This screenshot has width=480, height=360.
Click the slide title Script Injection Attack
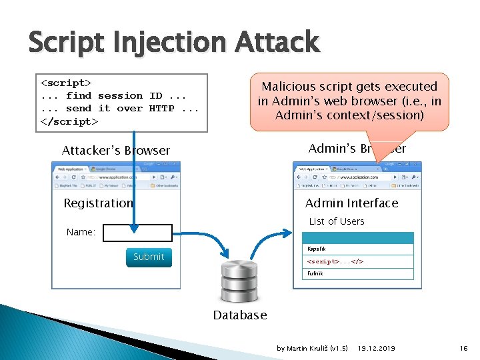174,43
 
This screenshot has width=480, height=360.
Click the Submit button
148,257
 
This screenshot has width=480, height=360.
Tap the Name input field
138,233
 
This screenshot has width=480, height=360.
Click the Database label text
239,315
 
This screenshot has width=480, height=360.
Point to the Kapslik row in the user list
358,249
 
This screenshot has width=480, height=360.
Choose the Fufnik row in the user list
358,273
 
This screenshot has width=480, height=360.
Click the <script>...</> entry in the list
358,261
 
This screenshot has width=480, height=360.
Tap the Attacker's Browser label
116,151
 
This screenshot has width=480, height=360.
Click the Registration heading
98,203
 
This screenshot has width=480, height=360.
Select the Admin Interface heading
351,203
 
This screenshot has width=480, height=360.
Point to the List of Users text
337,221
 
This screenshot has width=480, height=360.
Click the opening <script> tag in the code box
67,83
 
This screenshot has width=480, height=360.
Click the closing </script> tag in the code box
69,121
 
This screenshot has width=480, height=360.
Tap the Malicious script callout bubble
349,101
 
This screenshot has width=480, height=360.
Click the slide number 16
463,348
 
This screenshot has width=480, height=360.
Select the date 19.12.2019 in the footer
376,348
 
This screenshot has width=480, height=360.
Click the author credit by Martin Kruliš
312,348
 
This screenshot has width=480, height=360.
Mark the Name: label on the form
81,233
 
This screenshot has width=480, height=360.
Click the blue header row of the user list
358,237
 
